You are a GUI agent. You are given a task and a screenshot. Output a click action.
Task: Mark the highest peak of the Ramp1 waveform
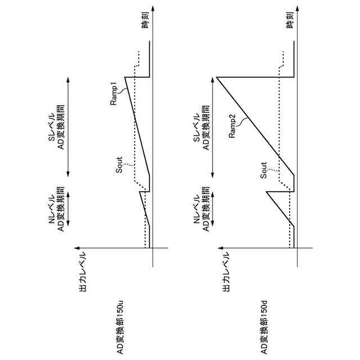125,77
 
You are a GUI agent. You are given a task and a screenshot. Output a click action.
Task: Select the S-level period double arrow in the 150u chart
69,127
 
